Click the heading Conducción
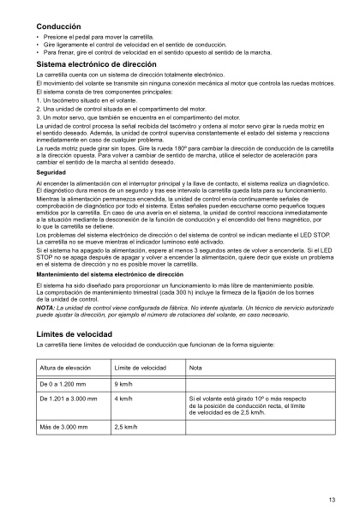point(55,28)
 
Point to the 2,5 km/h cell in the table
point(129,426)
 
